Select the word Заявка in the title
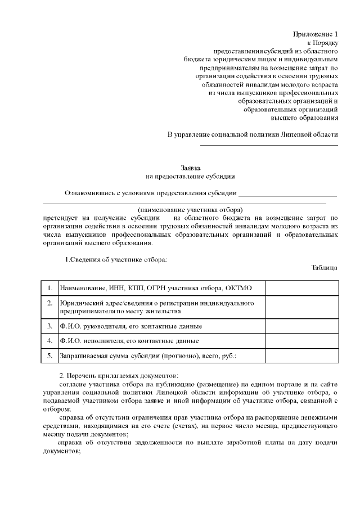[x=190, y=168]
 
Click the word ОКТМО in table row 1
[x=238, y=288]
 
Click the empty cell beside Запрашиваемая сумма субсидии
[x=301, y=355]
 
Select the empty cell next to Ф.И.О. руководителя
[x=301, y=326]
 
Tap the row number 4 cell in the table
[x=49, y=341]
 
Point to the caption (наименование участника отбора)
[x=190, y=209]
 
